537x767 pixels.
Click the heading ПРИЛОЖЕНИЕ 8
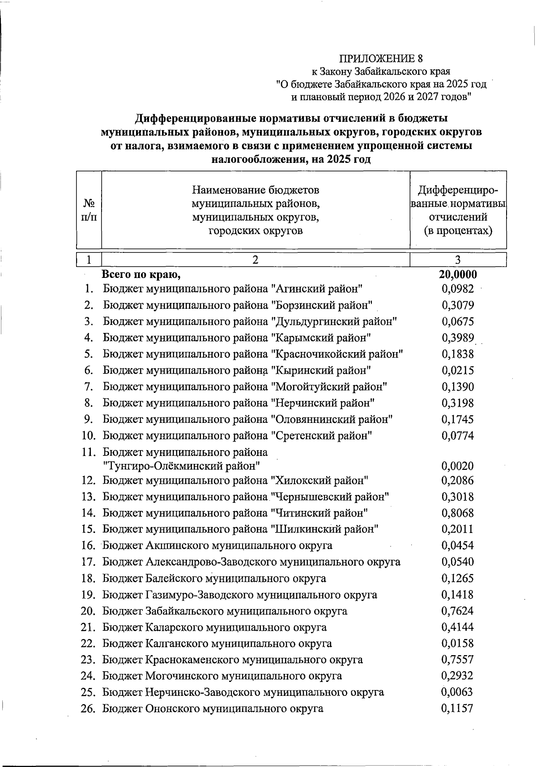click(x=381, y=59)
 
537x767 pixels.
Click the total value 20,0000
click(x=458, y=274)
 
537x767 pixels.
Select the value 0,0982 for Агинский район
click(x=457, y=289)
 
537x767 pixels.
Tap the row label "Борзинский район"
click(x=322, y=305)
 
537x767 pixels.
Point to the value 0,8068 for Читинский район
click(x=457, y=513)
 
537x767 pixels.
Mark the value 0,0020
click(x=457, y=466)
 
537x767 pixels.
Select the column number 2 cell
click(x=255, y=260)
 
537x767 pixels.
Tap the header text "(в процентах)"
click(x=458, y=231)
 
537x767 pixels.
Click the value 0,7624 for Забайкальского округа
click(x=457, y=611)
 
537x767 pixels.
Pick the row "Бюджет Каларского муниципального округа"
click(x=214, y=627)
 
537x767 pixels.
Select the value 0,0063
click(x=457, y=692)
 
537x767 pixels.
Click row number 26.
click(x=89, y=708)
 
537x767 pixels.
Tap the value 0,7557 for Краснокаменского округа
click(x=457, y=660)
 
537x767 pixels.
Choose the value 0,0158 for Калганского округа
click(x=457, y=643)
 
